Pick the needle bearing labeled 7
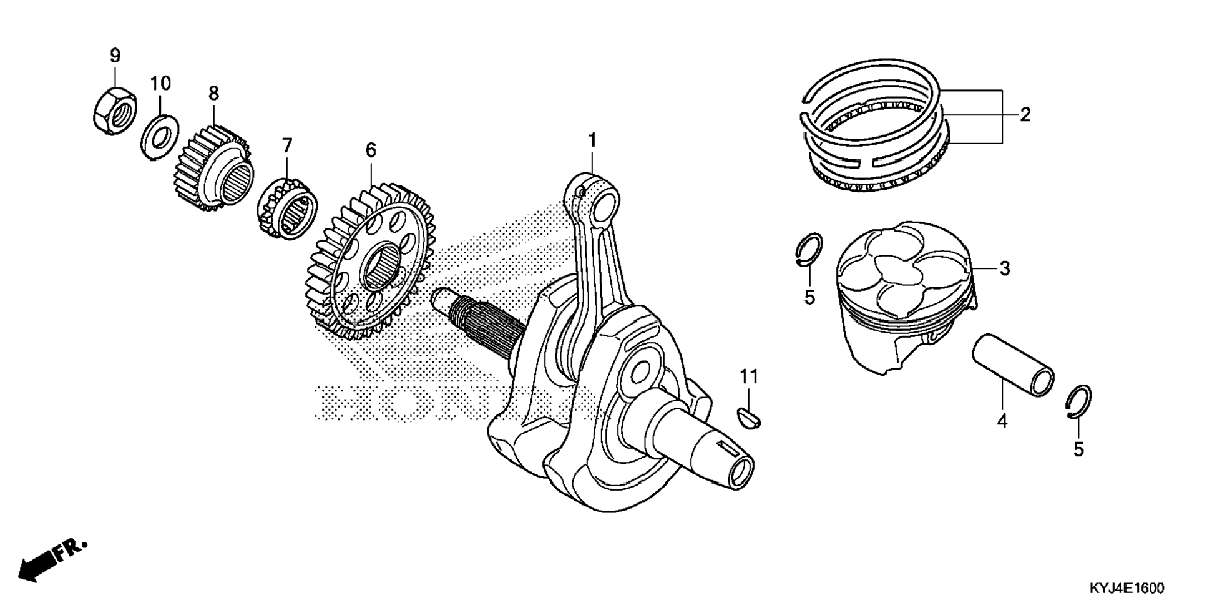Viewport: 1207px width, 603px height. pos(288,207)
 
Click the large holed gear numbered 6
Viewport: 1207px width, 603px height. pos(369,259)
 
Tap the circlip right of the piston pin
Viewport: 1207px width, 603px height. pos(1078,403)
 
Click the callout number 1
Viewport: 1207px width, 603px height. pos(592,140)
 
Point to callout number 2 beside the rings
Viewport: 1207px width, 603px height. pos(1025,115)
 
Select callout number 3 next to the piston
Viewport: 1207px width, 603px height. pos(1004,268)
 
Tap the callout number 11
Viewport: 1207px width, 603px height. pos(749,376)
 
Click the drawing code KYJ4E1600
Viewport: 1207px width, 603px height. pos(1127,588)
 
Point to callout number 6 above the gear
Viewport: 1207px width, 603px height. pos(371,150)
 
